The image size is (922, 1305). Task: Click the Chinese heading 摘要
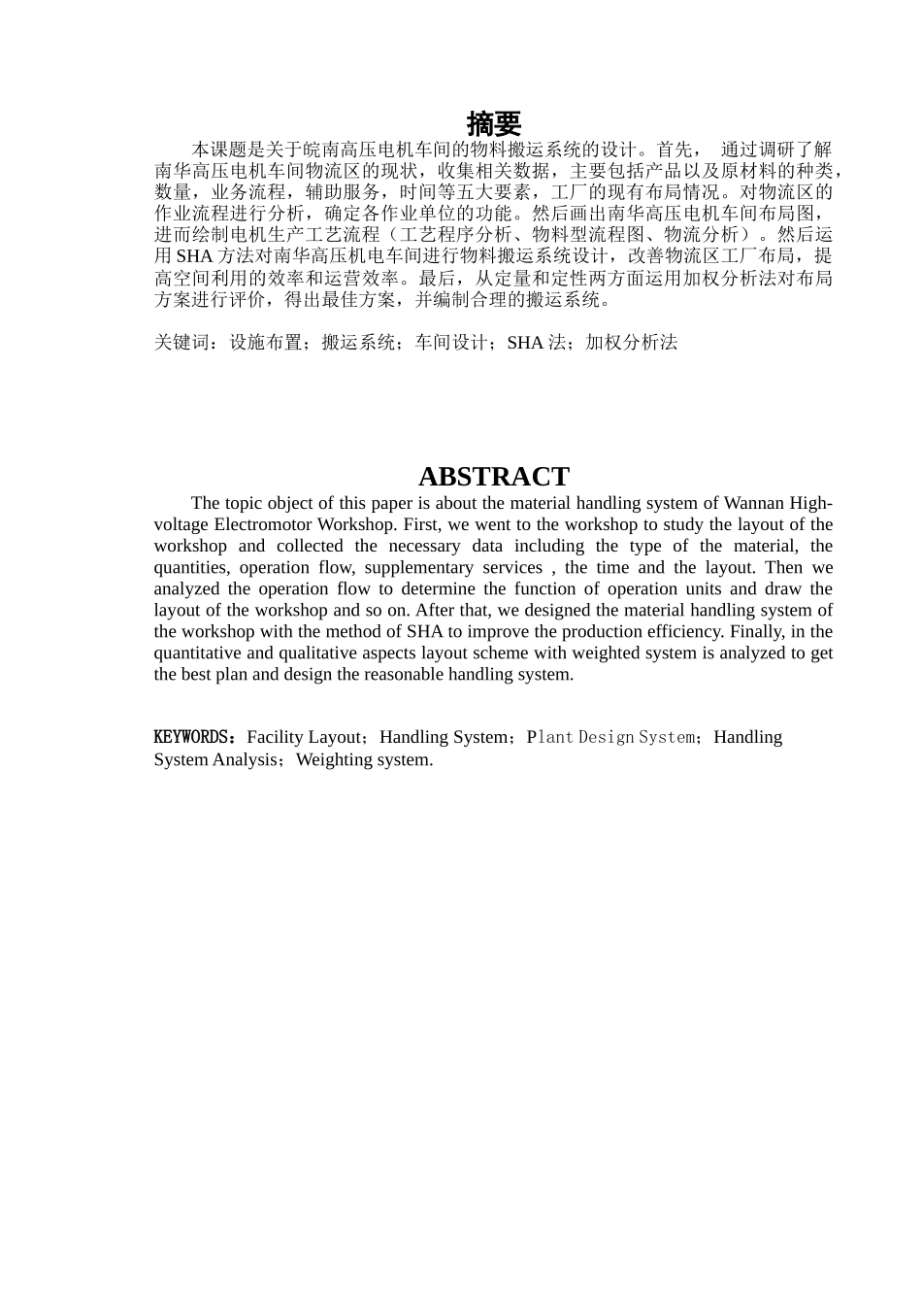tap(494, 124)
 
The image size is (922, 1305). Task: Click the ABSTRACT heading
tap(493, 477)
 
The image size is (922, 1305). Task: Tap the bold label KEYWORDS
tap(191, 737)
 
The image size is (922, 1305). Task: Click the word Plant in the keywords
tap(550, 737)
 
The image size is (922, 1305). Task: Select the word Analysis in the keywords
tap(245, 759)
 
